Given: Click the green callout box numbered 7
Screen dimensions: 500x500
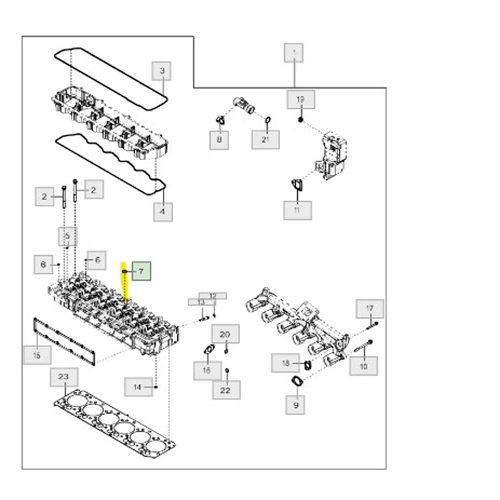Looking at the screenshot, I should pyautogui.click(x=141, y=271).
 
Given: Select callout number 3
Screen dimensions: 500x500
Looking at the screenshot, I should pyautogui.click(x=162, y=71).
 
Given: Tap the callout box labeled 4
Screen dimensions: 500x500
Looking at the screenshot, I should pyautogui.click(x=162, y=211).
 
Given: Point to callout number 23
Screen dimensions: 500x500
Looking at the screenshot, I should pyautogui.click(x=64, y=376).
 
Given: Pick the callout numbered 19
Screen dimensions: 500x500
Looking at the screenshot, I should pyautogui.click(x=301, y=99).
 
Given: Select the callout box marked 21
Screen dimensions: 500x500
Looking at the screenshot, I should pyautogui.click(x=266, y=139).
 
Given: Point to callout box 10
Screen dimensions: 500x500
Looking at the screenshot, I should pyautogui.click(x=364, y=366).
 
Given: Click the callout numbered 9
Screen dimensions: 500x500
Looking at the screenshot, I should pyautogui.click(x=296, y=406).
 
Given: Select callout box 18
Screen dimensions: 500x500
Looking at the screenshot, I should pyautogui.click(x=286, y=364).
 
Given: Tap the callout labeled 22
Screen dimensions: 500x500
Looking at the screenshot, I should pyautogui.click(x=226, y=389).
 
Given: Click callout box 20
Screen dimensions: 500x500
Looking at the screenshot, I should pyautogui.click(x=225, y=334).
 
